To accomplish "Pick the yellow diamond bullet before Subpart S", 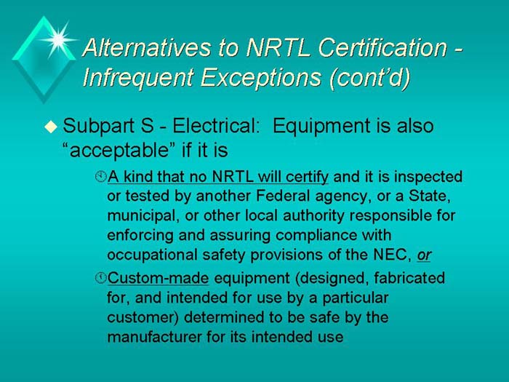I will click(49, 127).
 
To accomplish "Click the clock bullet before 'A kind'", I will click(100, 177).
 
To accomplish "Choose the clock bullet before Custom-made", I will click(100, 279).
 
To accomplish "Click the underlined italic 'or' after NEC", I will click(424, 255).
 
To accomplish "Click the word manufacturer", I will click(148, 337).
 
